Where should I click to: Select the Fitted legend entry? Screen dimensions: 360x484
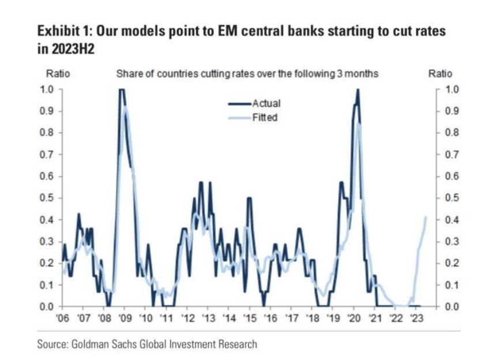(x=264, y=117)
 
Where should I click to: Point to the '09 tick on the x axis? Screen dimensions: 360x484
(x=125, y=318)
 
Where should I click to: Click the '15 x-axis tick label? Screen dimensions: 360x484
(x=249, y=318)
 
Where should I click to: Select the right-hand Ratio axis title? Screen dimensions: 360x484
(x=440, y=74)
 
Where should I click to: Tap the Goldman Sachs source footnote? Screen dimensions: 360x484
(x=147, y=344)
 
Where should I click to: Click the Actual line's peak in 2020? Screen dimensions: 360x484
(x=358, y=89)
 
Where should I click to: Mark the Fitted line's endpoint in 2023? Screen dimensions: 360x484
(x=426, y=217)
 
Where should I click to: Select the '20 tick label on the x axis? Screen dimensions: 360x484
(x=352, y=318)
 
